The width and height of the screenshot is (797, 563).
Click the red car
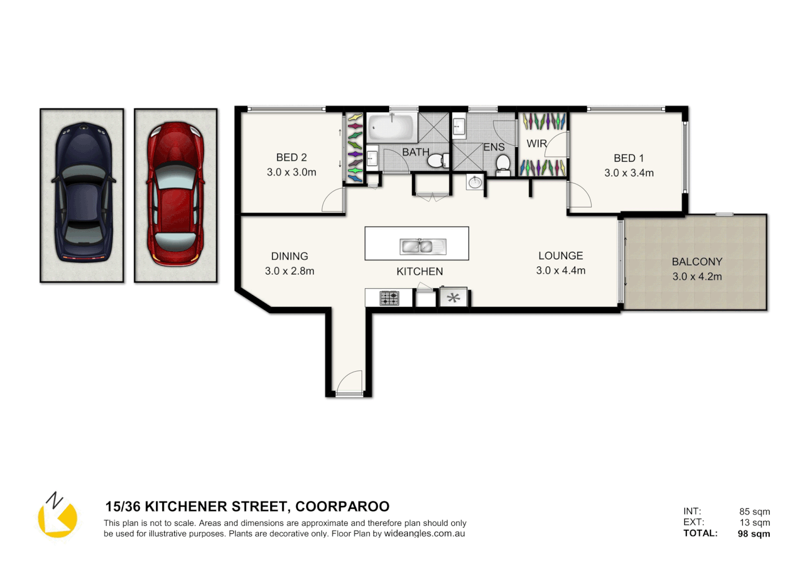coord(175,195)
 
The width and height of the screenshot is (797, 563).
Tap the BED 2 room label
coord(291,157)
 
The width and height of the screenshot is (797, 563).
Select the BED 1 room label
coord(629,158)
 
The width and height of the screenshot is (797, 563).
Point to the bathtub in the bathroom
coord(391,127)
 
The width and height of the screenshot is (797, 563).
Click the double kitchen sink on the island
coord(422,246)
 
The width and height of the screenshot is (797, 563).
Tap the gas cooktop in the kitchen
coord(389,298)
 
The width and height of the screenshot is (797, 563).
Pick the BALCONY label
coord(697,262)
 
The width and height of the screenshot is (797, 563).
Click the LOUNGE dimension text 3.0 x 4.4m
coord(561,271)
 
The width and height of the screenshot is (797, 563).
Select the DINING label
coord(289,256)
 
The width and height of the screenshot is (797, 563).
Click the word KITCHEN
coord(419,272)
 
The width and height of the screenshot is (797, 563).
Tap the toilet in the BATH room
coord(438,161)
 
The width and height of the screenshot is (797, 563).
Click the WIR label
coord(536,144)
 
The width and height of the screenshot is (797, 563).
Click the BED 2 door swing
coord(333,201)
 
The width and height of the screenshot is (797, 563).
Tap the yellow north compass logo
coord(57,516)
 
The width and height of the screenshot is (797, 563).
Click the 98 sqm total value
coord(754,533)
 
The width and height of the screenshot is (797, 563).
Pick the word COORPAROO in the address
coord(342,507)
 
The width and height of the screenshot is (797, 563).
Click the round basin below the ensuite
coord(475,182)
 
